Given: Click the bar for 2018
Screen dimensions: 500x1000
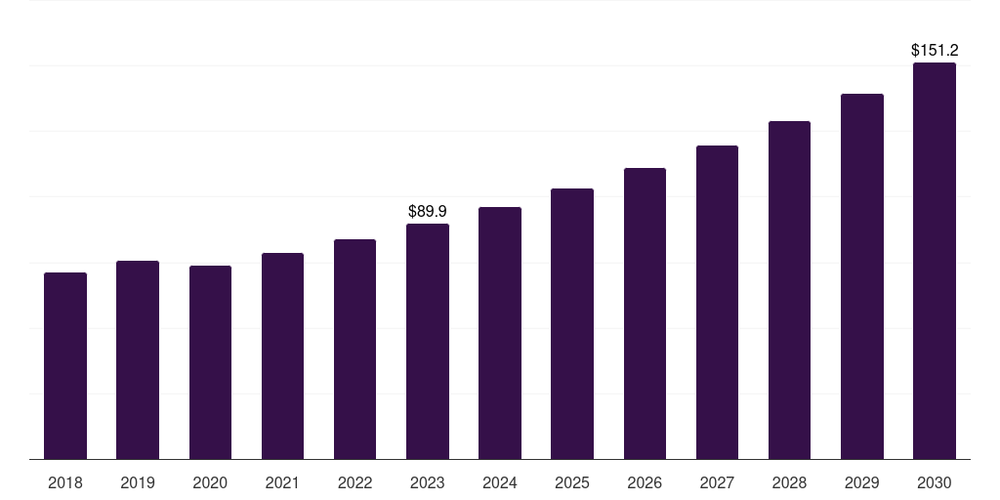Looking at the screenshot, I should coord(65,366).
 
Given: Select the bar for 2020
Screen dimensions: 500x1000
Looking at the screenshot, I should coord(210,362).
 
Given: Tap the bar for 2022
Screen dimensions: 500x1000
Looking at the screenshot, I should coord(354,350).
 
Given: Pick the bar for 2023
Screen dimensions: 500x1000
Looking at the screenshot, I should coord(428,342).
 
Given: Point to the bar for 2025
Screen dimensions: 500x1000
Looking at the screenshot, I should coord(572,324).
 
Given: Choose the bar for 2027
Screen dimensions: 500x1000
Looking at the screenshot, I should coord(717,303).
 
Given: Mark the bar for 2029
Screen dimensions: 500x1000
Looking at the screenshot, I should coord(861,276).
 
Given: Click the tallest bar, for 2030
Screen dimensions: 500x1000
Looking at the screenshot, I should coord(935,261).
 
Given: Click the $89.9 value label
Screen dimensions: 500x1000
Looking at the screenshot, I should coord(428,211).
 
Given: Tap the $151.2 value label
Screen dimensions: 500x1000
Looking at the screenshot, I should coord(935,50).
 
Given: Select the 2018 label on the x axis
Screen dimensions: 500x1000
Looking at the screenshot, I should coord(65,482).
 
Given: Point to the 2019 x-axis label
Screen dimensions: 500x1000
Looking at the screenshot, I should coord(138,482).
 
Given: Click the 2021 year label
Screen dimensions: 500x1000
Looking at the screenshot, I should coord(282,482).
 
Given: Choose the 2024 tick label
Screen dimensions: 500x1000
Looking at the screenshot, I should coord(500,482).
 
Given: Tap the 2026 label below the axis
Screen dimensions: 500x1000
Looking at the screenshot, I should coord(645,482).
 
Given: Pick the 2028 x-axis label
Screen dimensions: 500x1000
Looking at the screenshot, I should coord(789,482).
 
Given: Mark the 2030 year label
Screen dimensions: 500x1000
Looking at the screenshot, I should coord(935,482).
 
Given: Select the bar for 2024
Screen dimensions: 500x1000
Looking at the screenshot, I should coord(500,333).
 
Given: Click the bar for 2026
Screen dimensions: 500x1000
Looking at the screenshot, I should coord(645,313).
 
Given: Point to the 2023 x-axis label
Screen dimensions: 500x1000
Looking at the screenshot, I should coord(428,482).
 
